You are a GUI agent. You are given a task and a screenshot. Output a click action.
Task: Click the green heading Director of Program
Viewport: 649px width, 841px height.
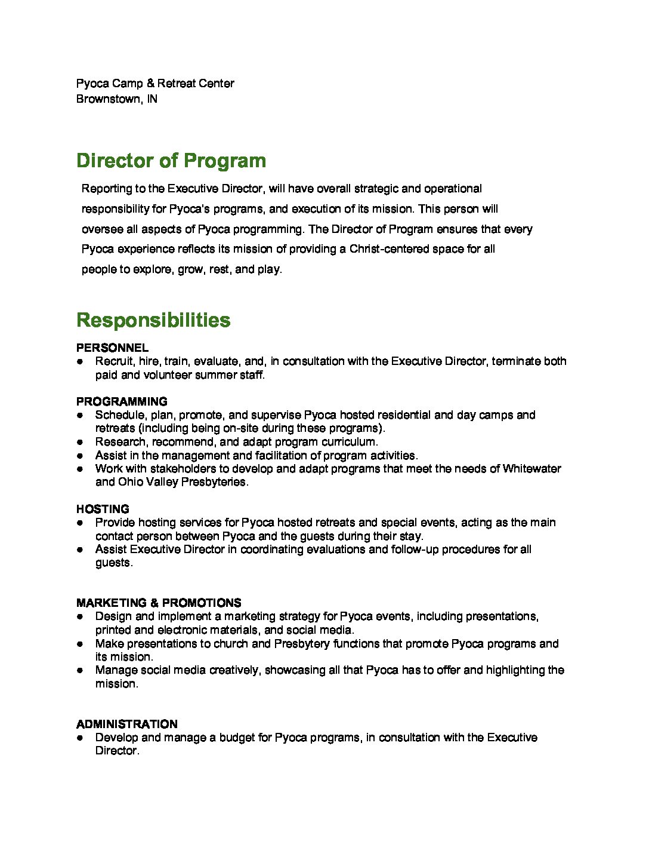[x=171, y=161]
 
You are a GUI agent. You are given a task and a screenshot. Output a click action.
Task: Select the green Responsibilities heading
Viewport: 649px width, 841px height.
[x=153, y=320]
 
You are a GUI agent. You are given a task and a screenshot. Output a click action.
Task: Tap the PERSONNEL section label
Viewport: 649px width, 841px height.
[x=112, y=348]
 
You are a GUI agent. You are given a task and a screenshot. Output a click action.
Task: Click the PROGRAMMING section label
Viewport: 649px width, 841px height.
[x=122, y=401]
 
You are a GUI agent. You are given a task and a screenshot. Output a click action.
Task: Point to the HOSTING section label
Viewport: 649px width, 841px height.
[x=103, y=509]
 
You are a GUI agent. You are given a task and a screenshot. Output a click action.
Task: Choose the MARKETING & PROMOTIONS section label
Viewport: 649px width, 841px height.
[x=159, y=603]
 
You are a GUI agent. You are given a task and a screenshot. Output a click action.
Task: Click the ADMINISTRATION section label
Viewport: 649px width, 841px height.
[x=127, y=724]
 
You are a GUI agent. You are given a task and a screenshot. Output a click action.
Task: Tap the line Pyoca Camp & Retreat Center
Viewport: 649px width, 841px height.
[x=155, y=84]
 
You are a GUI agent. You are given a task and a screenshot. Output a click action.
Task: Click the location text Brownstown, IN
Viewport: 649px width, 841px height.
[x=117, y=99]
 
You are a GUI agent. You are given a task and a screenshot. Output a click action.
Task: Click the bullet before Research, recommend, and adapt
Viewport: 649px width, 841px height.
[x=79, y=443]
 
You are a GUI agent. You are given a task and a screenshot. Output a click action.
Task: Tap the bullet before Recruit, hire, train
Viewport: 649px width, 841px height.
[x=79, y=362]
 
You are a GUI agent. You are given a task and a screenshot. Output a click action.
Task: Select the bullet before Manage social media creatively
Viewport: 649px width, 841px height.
[x=79, y=671]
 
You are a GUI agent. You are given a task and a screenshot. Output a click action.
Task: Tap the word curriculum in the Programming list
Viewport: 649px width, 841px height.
[x=350, y=442]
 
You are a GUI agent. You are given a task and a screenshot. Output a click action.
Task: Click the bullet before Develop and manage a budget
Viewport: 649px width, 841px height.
[x=79, y=738]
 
